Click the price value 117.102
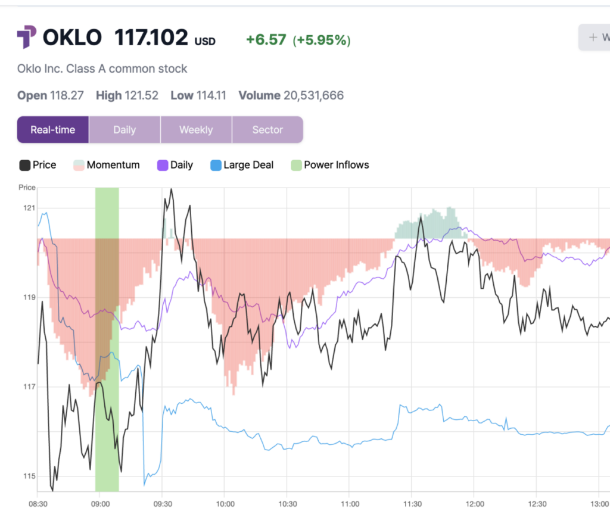point(151,39)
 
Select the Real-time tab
point(53,130)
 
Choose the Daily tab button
point(125,130)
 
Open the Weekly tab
point(196,130)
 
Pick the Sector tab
point(267,130)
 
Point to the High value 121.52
point(141,95)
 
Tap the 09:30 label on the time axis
point(161,503)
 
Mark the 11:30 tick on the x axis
point(413,503)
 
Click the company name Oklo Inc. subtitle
point(102,68)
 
